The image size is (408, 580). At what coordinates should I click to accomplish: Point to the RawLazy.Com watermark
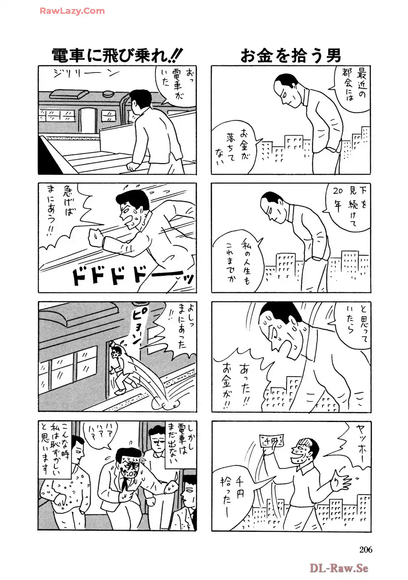[x=72, y=11]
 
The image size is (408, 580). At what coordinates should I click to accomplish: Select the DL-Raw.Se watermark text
[x=339, y=568]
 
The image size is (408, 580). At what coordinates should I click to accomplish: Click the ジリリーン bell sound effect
[x=87, y=74]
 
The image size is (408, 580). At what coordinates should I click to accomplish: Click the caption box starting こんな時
[x=55, y=450]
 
